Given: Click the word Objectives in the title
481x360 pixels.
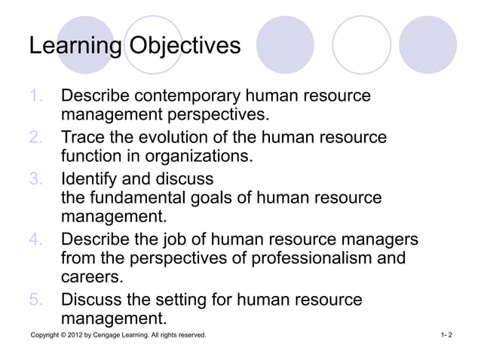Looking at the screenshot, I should pos(185,46).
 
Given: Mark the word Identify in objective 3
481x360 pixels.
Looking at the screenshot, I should pos(93,180).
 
